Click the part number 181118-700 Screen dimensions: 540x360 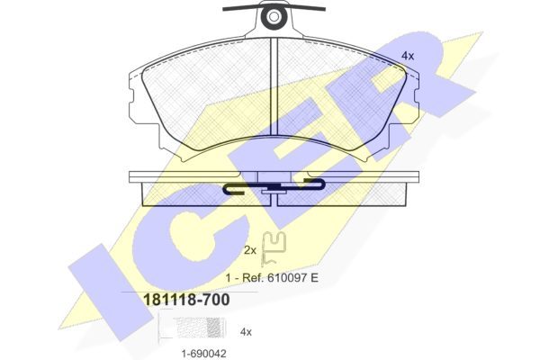pyautogui.click(x=186, y=300)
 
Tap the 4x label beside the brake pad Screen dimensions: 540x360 pyautogui.click(x=408, y=56)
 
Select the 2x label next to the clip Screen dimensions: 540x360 pyautogui.click(x=250, y=250)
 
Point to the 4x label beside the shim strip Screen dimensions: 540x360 pyautogui.click(x=246, y=332)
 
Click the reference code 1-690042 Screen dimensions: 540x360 pyautogui.click(x=204, y=354)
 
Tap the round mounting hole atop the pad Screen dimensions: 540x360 pyautogui.click(x=274, y=17)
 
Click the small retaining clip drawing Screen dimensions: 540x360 pyautogui.click(x=274, y=248)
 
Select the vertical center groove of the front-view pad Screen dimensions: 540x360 pyautogui.click(x=274, y=86)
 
